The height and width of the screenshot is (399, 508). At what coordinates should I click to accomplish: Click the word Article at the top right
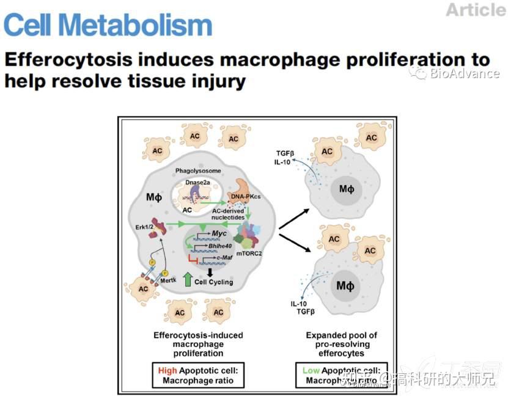pyautogui.click(x=475, y=10)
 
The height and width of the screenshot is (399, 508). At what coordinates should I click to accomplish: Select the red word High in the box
pyautogui.click(x=167, y=370)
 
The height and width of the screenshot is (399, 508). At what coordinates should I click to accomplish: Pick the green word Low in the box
pyautogui.click(x=311, y=370)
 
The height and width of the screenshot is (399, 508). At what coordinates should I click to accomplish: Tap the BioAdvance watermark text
pyautogui.click(x=464, y=74)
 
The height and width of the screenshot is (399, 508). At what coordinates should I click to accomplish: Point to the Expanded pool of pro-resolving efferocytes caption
pyautogui.click(x=342, y=344)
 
